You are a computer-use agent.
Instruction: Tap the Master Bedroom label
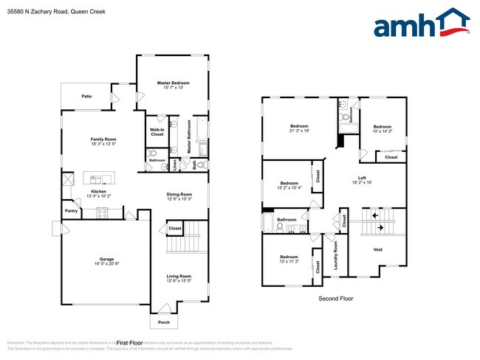(174, 83)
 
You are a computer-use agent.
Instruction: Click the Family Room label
(103, 139)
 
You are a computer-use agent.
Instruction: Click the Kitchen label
(99, 192)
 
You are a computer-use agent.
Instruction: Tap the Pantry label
(71, 211)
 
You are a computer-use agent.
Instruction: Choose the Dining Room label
(179, 194)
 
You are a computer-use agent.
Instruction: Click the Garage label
(106, 258)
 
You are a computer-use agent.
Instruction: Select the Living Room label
(179, 276)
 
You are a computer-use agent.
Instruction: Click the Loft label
(362, 177)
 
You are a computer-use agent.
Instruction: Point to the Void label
(377, 249)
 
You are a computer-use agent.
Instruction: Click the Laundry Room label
(335, 255)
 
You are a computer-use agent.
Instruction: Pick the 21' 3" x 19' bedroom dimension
(299, 131)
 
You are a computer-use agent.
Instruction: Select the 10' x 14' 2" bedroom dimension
(384, 131)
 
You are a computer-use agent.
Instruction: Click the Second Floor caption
(336, 299)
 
